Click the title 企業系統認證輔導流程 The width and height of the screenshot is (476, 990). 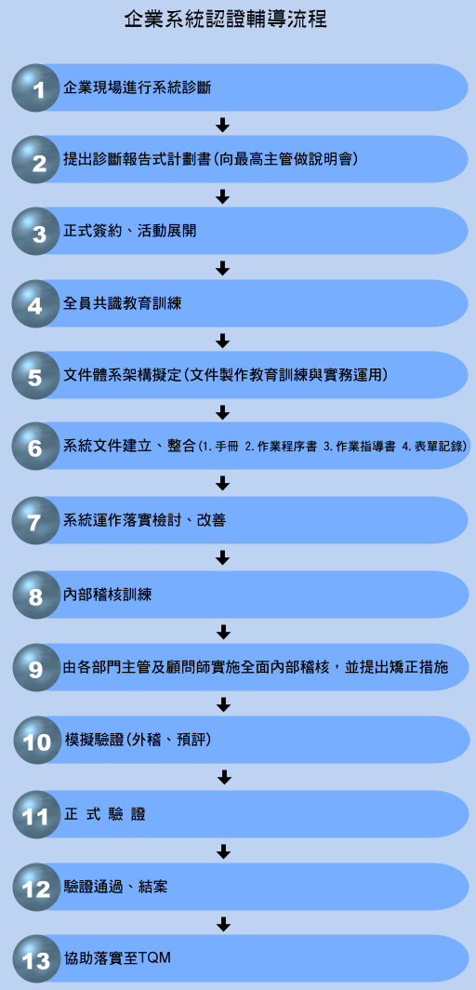[225, 20]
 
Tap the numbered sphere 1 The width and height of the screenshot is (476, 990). [36, 87]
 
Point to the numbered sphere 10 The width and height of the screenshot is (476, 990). [37, 741]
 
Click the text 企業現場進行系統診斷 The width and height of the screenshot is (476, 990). [137, 87]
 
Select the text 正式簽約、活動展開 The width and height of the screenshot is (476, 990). [130, 232]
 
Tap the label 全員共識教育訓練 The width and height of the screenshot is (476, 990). [123, 303]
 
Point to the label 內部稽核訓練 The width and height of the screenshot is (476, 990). [108, 595]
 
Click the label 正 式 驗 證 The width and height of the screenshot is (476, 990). [105, 814]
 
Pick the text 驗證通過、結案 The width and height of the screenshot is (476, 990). [115, 887]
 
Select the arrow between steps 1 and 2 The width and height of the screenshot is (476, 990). [222, 125]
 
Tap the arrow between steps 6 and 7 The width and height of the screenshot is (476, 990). [222, 484]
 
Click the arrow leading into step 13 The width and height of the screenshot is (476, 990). [222, 924]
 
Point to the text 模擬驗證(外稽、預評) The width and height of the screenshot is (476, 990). [138, 740]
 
